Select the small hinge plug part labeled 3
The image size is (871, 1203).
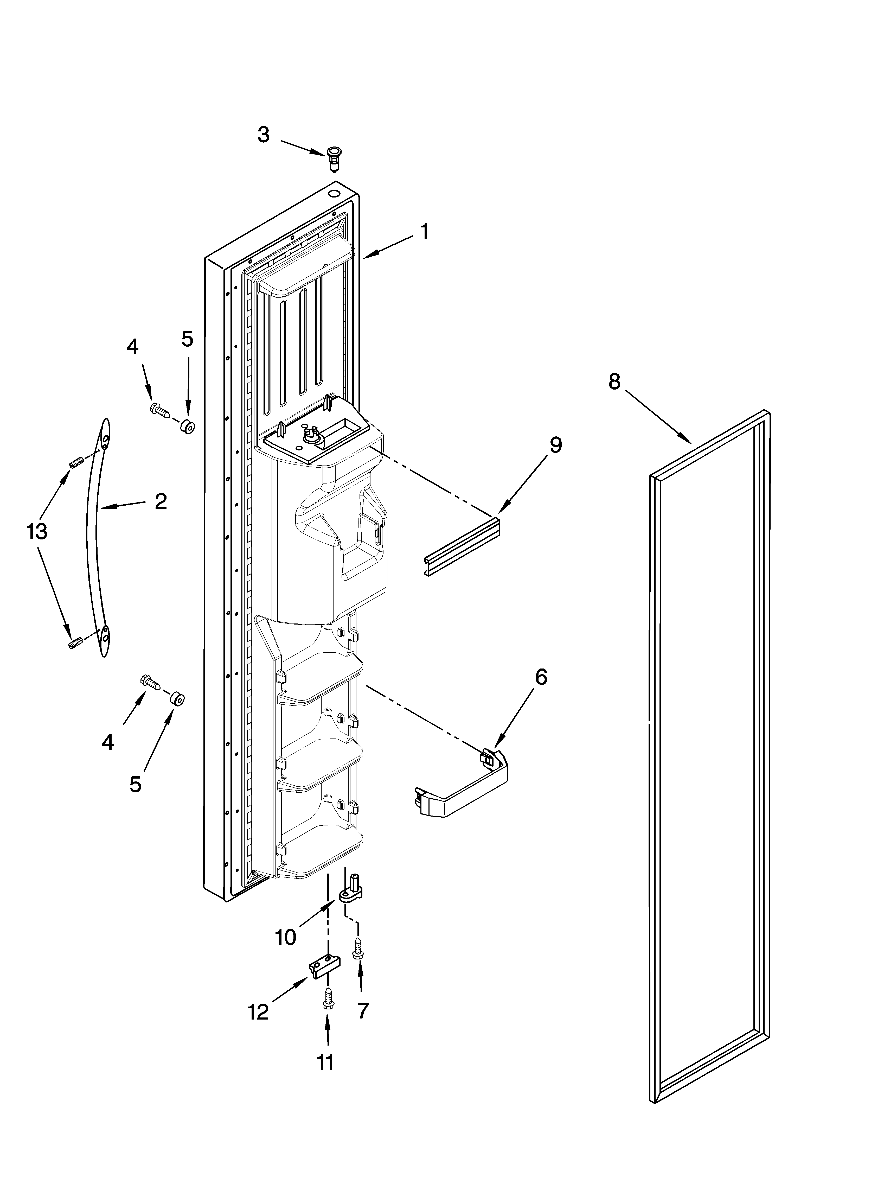(334, 157)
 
